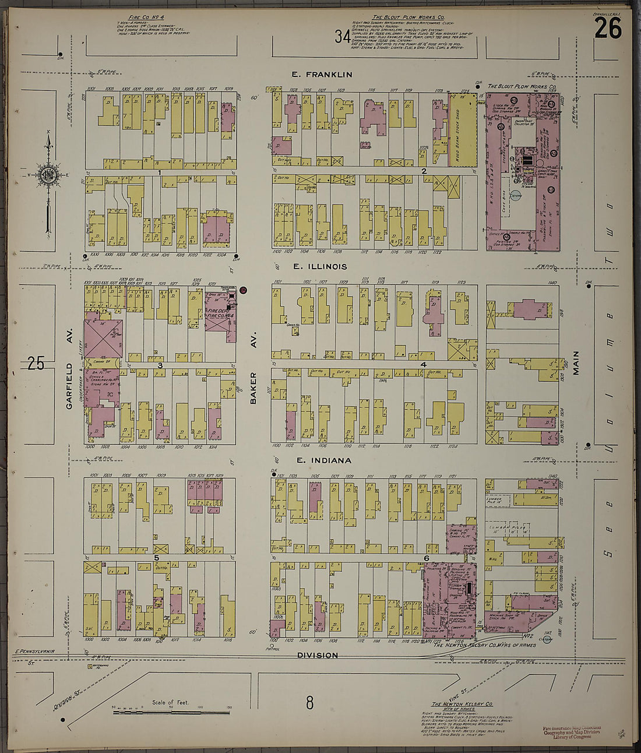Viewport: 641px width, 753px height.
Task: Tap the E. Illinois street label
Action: [320, 267]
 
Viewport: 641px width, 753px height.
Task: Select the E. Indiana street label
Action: [323, 460]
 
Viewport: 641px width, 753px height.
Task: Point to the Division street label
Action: [318, 655]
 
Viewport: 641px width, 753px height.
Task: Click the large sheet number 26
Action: [608, 29]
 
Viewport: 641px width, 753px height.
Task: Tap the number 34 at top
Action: [343, 37]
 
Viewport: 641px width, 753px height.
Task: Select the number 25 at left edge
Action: [36, 364]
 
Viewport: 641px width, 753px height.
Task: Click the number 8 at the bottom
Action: [309, 703]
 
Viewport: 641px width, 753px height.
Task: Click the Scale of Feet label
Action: [171, 703]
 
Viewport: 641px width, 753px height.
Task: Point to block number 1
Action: [159, 173]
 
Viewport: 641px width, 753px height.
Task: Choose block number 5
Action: [156, 558]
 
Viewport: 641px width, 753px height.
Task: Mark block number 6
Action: [426, 558]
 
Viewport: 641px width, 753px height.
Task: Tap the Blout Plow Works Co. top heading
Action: [416, 18]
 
